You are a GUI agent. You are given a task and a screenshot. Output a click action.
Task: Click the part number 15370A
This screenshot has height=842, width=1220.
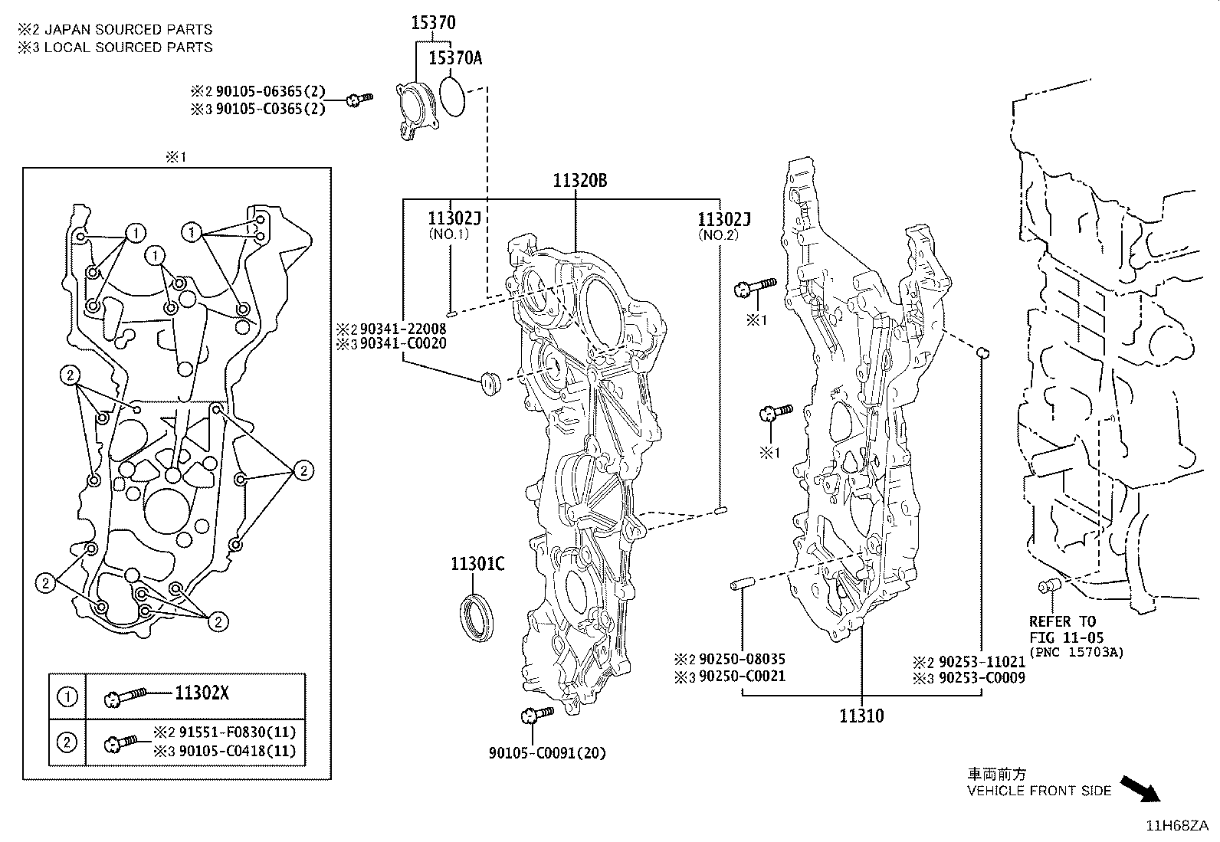click(455, 57)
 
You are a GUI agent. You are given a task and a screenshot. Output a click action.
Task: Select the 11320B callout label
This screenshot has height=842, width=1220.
click(579, 180)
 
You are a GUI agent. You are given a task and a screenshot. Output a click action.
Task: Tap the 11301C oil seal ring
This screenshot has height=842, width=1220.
click(477, 618)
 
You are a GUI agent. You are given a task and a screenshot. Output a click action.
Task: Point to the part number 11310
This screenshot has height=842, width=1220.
click(861, 716)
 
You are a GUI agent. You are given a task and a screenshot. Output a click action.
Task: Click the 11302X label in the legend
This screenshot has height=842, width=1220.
click(202, 693)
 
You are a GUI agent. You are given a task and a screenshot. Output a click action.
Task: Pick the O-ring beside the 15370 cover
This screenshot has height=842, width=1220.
click(452, 96)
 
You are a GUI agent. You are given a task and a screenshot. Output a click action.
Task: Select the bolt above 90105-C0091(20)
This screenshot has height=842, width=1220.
click(537, 714)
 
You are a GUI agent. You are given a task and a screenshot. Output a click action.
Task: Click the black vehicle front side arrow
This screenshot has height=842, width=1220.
click(1140, 788)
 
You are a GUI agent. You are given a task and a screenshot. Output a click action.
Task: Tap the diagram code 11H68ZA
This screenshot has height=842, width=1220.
click(1177, 826)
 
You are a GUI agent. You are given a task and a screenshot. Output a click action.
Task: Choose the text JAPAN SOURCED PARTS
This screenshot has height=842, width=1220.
click(129, 29)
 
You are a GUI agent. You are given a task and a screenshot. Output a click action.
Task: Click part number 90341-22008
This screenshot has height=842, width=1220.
click(403, 329)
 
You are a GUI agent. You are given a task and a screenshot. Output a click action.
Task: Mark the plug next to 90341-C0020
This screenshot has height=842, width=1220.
click(490, 383)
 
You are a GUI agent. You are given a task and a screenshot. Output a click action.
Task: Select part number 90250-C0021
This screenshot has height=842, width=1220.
click(742, 676)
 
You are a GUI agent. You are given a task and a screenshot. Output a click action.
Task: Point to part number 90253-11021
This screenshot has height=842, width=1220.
click(982, 662)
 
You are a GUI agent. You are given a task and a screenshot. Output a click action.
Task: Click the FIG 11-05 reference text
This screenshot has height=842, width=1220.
click(1067, 637)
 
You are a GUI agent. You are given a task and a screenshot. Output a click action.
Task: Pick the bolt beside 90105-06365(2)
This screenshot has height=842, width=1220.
click(359, 99)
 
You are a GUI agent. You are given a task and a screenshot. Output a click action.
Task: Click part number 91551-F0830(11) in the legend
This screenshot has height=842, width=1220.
click(238, 732)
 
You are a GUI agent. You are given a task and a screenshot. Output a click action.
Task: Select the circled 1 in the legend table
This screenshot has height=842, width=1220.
click(67, 696)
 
